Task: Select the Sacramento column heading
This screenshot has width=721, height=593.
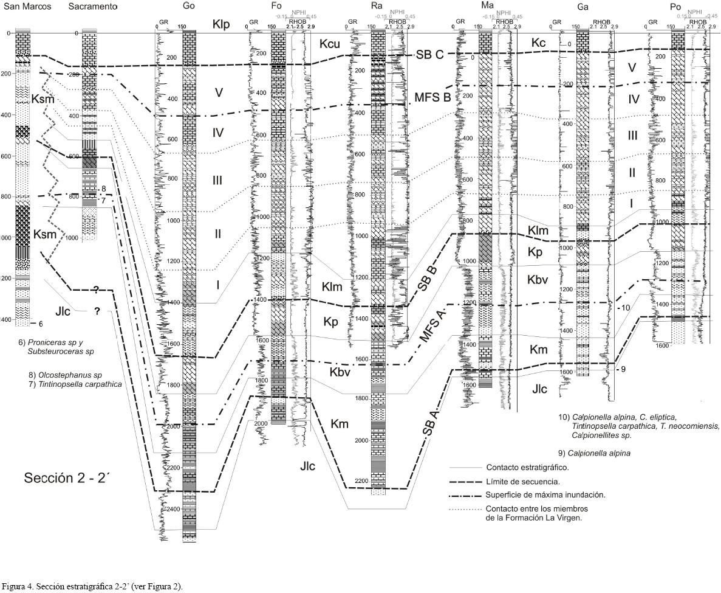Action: coord(93,7)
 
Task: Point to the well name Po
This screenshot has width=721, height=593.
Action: coord(676,6)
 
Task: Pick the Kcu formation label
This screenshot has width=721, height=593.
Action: coord(330,44)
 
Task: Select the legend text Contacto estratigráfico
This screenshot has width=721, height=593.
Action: coord(527,468)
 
